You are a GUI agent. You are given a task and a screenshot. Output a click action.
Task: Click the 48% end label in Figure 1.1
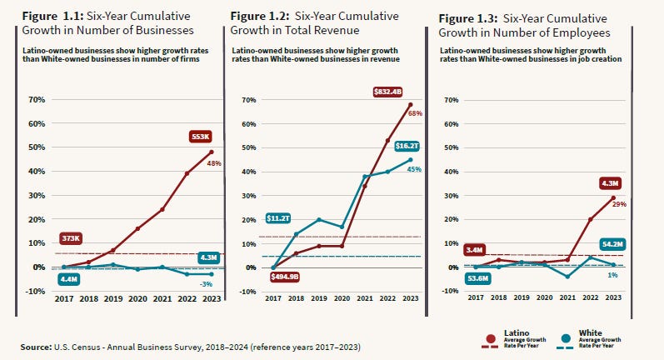tap(214, 163)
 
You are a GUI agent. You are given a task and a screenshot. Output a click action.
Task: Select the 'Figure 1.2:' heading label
tap(258, 16)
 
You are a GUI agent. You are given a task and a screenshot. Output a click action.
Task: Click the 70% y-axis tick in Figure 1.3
tap(452, 100)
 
